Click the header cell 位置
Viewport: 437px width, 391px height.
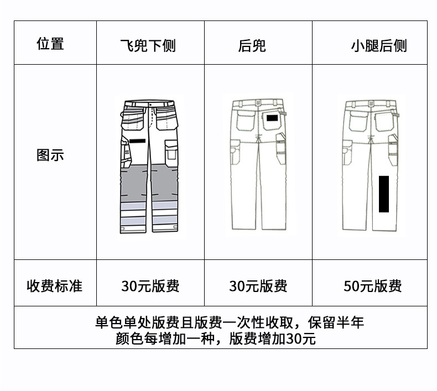tap(50, 44)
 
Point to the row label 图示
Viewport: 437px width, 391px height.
tap(50, 155)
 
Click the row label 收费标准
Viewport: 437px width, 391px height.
tap(54, 286)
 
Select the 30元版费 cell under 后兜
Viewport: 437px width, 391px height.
tap(258, 286)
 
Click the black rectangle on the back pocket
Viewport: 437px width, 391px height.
tap(272, 118)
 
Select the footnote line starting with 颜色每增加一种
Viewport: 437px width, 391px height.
tap(216, 338)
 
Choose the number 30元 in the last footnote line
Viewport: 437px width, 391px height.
tap(301, 338)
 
